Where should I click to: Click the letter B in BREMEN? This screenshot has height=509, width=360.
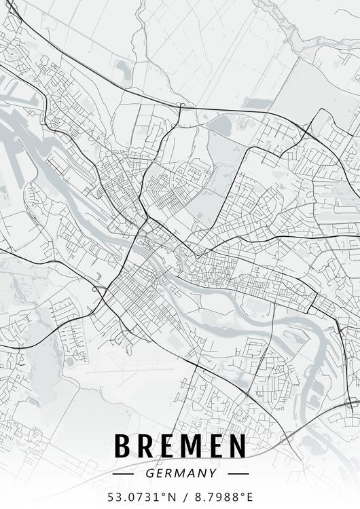pyautogui.click(x=125, y=446)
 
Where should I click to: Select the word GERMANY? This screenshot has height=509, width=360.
pyautogui.click(x=180, y=473)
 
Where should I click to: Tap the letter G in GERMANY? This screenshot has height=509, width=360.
pyautogui.click(x=149, y=473)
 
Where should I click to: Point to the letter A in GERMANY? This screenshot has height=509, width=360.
pyautogui.click(x=191, y=473)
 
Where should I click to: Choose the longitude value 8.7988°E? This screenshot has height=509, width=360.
pyautogui.click(x=218, y=496)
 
